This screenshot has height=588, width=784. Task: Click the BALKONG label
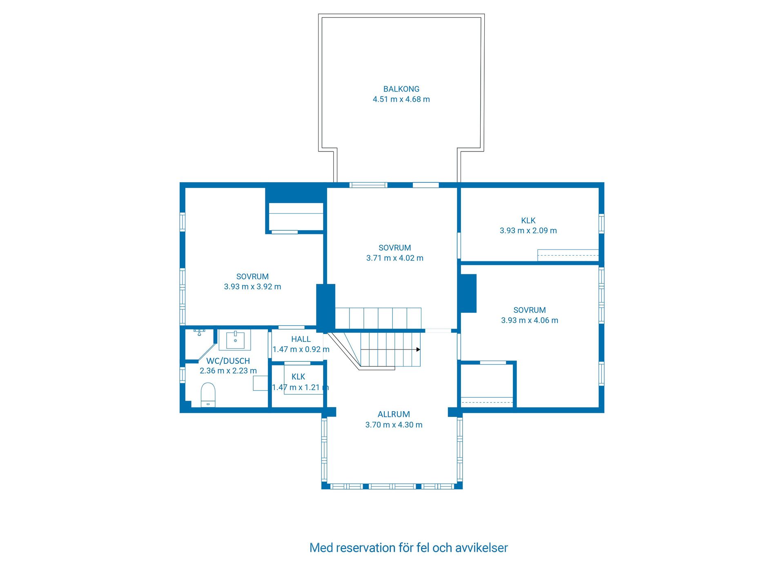401,89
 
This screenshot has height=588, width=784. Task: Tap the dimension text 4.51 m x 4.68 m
401,99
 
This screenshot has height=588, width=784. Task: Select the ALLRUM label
394,414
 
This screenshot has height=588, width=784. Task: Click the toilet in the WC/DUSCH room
208,394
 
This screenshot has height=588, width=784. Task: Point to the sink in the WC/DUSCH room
235,340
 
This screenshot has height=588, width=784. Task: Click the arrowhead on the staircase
418,350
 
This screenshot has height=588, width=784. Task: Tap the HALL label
301,339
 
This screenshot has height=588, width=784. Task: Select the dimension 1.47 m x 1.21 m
300,387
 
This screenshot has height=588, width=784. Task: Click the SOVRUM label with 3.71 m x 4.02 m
394,248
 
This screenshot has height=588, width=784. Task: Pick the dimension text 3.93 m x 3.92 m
252,287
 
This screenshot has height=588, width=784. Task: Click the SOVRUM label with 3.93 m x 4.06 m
529,310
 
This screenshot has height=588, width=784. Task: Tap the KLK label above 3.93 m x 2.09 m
528,220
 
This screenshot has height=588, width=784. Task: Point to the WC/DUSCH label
228,361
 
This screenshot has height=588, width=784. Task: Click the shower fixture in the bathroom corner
199,332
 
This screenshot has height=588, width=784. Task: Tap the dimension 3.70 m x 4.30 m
394,425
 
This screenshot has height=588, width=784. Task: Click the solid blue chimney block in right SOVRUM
468,293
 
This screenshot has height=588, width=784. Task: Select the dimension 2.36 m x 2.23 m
228,371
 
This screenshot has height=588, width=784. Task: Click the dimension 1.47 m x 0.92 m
301,349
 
